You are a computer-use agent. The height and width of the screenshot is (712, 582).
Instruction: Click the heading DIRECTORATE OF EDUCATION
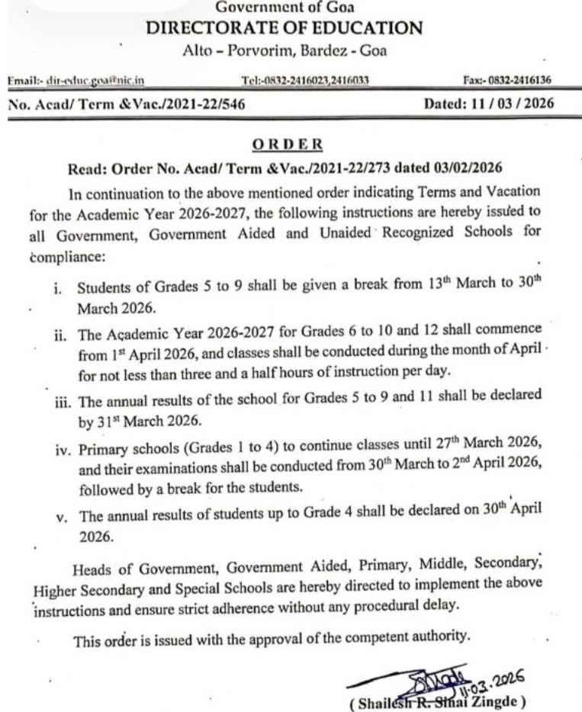coord(285,29)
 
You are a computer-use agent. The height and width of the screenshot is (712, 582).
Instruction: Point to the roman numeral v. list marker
coord(62,518)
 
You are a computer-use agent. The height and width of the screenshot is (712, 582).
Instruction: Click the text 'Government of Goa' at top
coord(285,8)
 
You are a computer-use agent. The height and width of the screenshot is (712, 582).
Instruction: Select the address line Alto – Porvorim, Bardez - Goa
coord(285,51)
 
